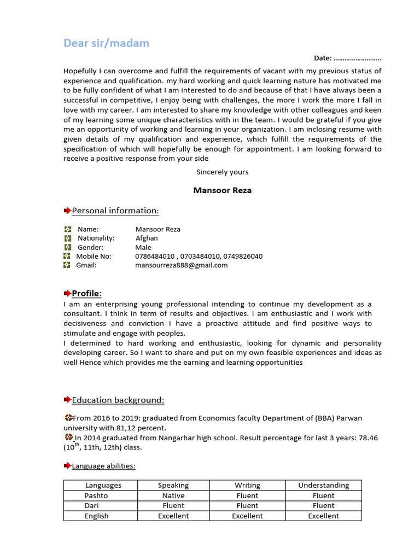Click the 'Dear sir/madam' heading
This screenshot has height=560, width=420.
coord(106,43)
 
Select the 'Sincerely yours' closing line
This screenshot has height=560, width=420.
coord(222,172)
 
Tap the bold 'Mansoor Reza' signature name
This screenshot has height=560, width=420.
coord(222,190)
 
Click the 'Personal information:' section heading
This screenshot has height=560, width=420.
coord(115,211)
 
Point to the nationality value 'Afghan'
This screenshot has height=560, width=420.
coord(147,238)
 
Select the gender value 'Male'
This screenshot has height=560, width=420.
coord(143,247)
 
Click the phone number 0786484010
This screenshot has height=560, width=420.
coord(155,256)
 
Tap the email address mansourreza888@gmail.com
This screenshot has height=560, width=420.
coord(181,265)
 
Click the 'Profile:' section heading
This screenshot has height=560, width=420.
coord(86,294)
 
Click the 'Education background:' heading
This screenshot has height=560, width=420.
coord(118,400)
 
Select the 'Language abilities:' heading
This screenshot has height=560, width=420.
coord(103,466)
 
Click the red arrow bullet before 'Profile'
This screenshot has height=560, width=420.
coord(67,294)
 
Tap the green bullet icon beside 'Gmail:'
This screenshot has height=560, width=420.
coord(67,265)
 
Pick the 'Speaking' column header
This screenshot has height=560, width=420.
coord(173,485)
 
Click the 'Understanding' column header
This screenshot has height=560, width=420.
coord(323,485)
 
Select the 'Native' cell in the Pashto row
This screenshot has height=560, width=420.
coord(173,495)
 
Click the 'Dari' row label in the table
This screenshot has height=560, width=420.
coord(91,505)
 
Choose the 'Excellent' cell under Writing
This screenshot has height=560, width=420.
coord(247,516)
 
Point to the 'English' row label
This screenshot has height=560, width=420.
coord(96,516)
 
